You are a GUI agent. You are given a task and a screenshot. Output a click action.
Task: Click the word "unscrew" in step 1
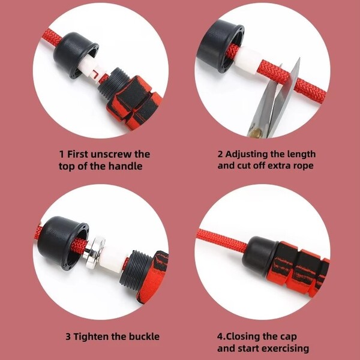click(x=111, y=154)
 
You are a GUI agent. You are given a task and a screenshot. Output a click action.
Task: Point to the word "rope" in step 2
click(x=302, y=166)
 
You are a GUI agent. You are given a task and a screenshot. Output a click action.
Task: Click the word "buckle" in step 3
click(x=144, y=337)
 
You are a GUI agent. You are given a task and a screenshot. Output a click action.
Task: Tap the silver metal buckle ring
click(x=95, y=252)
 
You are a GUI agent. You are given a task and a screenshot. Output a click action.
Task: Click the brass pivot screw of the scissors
click(x=257, y=132)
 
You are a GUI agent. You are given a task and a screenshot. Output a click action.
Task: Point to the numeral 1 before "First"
click(x=62, y=154)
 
